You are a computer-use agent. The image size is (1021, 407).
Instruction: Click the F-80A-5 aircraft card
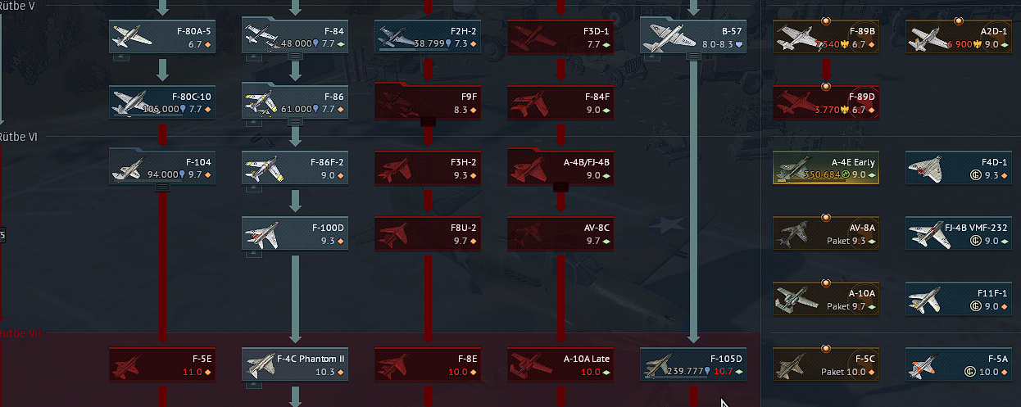coord(162,37)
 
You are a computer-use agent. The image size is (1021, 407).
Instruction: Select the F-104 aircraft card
coord(162,168)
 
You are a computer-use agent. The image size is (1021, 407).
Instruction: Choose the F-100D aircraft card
coord(295,233)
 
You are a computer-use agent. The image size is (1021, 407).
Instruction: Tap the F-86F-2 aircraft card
coord(295,168)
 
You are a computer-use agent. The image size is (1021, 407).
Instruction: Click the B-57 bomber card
coord(693,37)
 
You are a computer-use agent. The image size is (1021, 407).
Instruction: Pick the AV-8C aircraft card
coord(560,233)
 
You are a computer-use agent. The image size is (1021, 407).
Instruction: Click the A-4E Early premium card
coord(826,168)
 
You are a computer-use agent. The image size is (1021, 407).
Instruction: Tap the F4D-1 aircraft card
coord(959,168)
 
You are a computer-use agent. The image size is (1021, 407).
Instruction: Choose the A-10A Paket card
coord(826,299)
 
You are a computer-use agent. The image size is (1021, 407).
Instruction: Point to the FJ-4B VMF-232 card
coord(959,233)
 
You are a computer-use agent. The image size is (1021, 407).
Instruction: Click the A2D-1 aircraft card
coord(959,37)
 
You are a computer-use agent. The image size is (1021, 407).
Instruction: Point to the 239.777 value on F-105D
coord(683,371)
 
